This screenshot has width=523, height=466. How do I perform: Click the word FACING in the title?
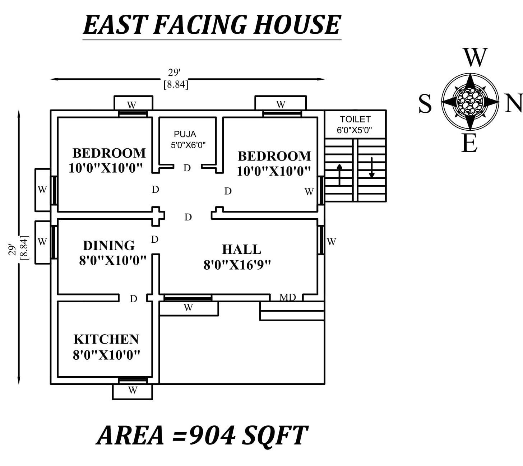(x=200, y=25)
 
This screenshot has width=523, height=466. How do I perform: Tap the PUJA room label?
(x=185, y=134)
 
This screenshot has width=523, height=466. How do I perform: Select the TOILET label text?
(x=355, y=119)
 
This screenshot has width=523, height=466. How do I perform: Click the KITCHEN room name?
(x=106, y=339)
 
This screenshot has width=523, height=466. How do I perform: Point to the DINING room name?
(x=108, y=246)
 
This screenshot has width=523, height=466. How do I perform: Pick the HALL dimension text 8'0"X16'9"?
(x=237, y=265)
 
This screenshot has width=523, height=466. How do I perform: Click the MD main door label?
(x=287, y=297)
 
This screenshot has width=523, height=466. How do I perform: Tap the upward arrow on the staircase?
(x=339, y=174)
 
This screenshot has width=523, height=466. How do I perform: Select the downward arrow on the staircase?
(x=372, y=168)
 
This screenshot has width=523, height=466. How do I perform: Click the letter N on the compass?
(x=513, y=103)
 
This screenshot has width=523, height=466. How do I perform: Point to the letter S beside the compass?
(x=425, y=104)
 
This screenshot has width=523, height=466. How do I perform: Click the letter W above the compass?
(x=475, y=57)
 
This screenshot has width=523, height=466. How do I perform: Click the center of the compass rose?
(x=470, y=102)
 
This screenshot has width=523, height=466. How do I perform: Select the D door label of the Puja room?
(x=187, y=168)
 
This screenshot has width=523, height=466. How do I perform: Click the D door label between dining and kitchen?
(x=133, y=299)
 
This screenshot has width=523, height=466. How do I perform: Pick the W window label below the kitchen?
(x=133, y=390)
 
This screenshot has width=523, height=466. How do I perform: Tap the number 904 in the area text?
(x=212, y=435)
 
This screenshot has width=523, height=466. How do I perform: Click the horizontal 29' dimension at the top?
(x=174, y=73)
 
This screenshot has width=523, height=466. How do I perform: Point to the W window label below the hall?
(x=188, y=308)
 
